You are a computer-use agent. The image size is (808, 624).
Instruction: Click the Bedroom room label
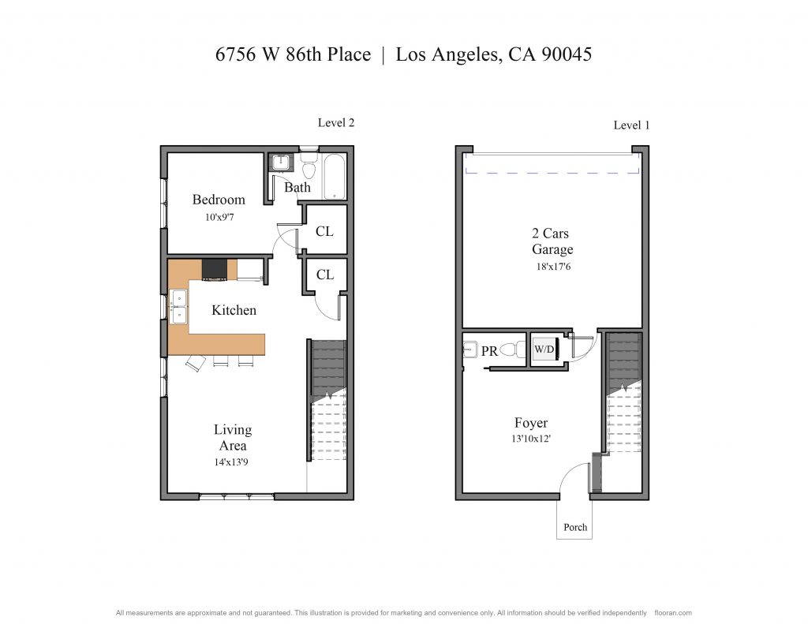pos(219,200)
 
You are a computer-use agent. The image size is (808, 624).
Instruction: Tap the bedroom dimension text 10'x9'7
pos(219,218)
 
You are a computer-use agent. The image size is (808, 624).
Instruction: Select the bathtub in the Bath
pos(334,177)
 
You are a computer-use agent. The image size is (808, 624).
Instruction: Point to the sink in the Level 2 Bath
pos(281,163)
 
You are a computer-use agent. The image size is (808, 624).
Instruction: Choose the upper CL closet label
pos(324,231)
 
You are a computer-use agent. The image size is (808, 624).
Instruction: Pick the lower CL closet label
pos(324,275)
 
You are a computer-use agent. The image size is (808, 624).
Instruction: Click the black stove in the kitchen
pos(215,270)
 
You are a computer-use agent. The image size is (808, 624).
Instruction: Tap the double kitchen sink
pos(179,307)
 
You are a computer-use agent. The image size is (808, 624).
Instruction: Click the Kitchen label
pos(234,310)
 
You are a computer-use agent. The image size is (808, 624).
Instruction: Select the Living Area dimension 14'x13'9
pos(231,462)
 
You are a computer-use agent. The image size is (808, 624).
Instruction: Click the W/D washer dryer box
pos(544,350)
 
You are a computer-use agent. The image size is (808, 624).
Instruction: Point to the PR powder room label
pos(489,351)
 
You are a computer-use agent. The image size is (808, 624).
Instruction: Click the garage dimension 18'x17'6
pos(553,267)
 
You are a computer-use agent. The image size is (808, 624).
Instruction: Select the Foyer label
pos(531,423)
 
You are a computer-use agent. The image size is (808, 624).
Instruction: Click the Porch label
pos(575,527)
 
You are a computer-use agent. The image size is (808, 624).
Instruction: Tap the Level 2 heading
pos(336,122)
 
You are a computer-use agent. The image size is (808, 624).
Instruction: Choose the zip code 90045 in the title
pos(567,54)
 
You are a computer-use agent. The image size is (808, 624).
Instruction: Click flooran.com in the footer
pos(673,613)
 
